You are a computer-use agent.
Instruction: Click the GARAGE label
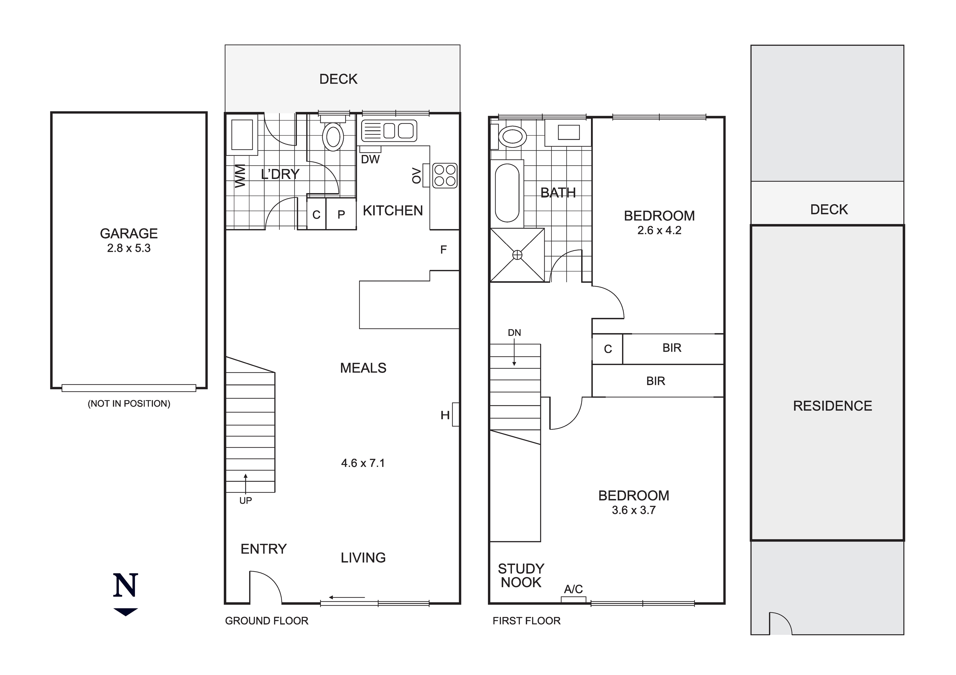[129, 233]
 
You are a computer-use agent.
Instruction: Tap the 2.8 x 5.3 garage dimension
[129, 248]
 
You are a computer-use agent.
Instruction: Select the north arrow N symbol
[125, 586]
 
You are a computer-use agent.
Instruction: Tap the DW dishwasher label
[370, 159]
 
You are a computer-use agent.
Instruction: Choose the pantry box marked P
[341, 214]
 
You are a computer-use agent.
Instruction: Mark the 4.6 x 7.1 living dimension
[363, 463]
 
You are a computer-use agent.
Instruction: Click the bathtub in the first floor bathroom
[507, 193]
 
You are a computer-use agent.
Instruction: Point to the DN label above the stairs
[514, 333]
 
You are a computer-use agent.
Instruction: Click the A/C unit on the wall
[573, 599]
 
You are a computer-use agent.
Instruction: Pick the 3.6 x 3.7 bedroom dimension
[633, 510]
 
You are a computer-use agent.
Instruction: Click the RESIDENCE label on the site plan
[832, 406]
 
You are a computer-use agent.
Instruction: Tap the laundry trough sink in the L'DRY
[242, 135]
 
